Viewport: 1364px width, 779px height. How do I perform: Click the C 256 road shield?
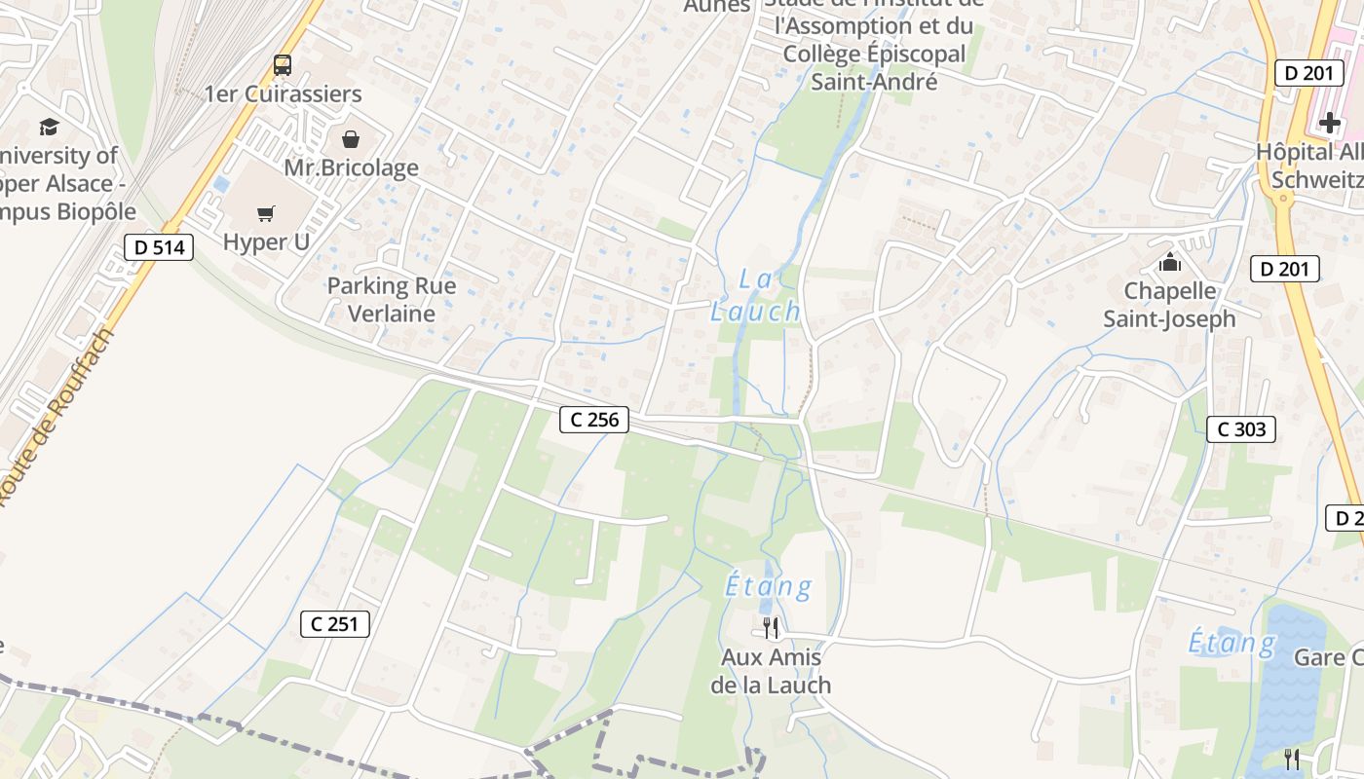(x=594, y=420)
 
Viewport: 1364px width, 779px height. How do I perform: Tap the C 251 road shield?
(x=335, y=623)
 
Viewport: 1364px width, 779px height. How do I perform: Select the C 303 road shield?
(x=1241, y=428)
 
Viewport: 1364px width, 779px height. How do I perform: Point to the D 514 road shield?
(x=159, y=247)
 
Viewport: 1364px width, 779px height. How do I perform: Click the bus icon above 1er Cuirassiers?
(x=283, y=65)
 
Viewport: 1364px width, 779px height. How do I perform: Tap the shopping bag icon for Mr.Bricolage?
(x=351, y=139)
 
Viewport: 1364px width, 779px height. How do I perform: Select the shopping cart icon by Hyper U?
(x=266, y=213)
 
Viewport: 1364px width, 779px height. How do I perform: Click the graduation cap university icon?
(x=49, y=127)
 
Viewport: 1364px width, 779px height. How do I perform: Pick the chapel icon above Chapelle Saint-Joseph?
(x=1169, y=262)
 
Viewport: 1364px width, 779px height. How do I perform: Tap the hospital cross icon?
(x=1330, y=124)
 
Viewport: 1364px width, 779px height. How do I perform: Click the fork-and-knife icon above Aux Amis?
(x=771, y=628)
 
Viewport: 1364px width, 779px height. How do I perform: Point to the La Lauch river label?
(x=755, y=296)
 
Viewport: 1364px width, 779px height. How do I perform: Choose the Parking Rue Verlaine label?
(x=392, y=300)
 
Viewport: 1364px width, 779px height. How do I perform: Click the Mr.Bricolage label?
(x=351, y=167)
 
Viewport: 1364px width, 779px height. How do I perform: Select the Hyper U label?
(x=266, y=241)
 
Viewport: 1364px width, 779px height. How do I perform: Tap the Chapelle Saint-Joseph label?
(x=1169, y=305)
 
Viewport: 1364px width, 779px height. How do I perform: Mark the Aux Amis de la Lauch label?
(x=771, y=671)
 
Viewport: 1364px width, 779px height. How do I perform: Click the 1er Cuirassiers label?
(x=283, y=93)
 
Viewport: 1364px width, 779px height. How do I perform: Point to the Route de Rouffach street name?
(x=58, y=419)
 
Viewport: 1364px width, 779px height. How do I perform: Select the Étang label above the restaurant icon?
(x=769, y=587)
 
